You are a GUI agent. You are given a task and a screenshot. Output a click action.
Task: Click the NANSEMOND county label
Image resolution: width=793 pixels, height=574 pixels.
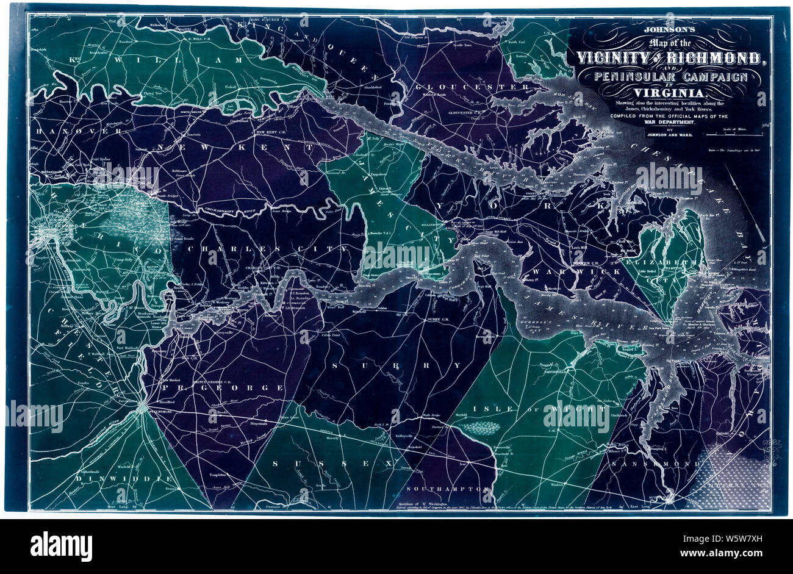[671, 464]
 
